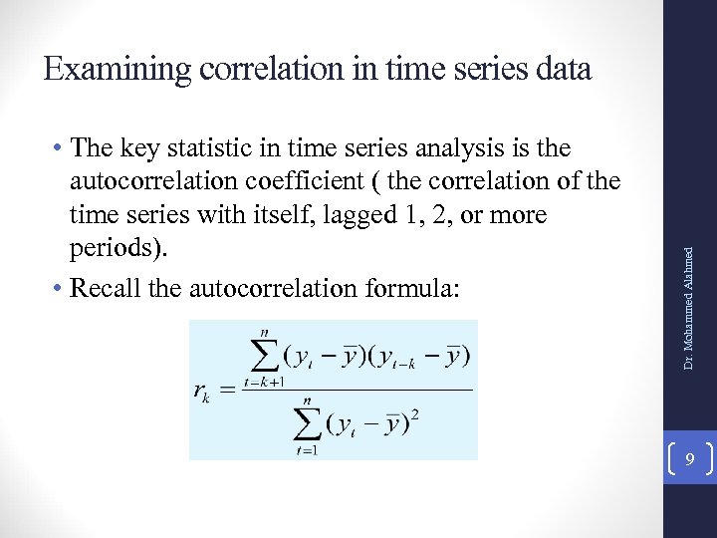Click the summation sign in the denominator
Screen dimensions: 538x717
tap(309, 425)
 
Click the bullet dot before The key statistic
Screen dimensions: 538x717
tap(60, 149)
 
